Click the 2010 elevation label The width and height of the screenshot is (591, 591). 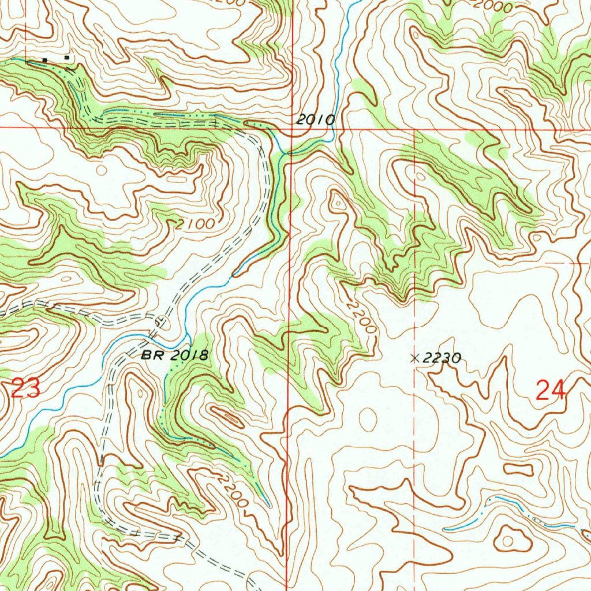(x=315, y=120)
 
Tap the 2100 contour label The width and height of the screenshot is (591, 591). (x=196, y=223)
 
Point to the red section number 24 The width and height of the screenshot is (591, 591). (x=550, y=392)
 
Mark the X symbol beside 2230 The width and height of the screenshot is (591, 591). (x=414, y=358)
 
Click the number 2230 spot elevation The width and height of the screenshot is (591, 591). (x=442, y=358)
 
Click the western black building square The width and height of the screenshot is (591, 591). (x=44, y=59)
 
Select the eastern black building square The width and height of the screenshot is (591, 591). (x=68, y=58)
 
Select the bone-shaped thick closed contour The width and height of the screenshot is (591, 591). (x=518, y=469)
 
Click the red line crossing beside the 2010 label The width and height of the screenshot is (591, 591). (x=291, y=129)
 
